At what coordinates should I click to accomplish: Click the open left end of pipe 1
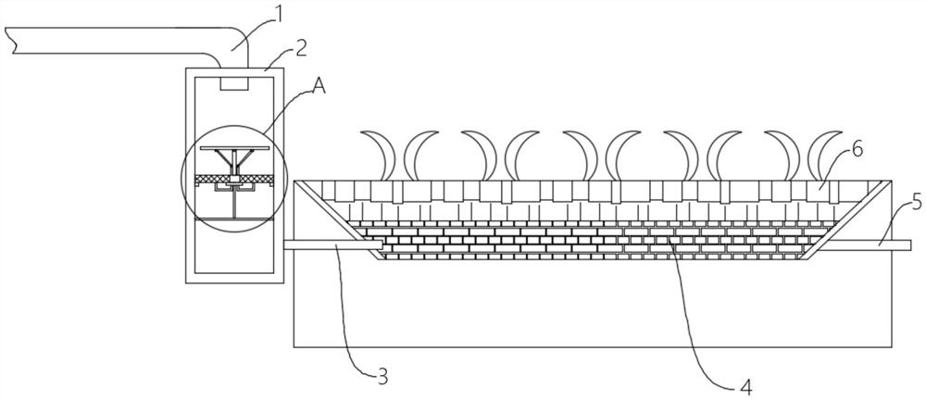pyautogui.click(x=9, y=39)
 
